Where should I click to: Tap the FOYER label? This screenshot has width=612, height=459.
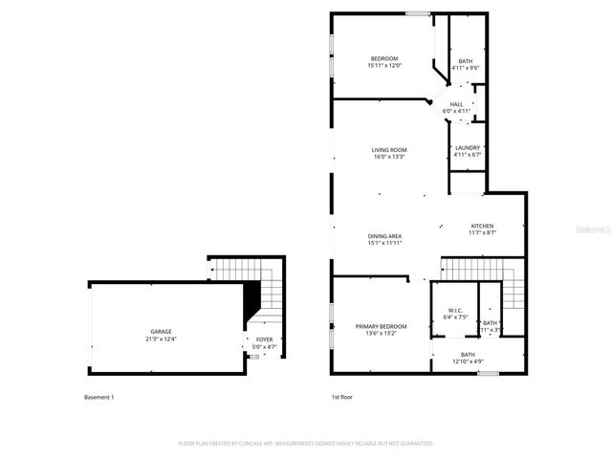click(x=261, y=339)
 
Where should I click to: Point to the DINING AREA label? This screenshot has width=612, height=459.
click(x=384, y=235)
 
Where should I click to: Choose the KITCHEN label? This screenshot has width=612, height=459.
click(x=481, y=226)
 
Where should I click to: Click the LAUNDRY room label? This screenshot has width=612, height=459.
click(x=468, y=147)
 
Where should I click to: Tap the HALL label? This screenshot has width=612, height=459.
click(x=456, y=104)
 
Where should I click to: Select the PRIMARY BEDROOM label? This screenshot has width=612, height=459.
click(x=368, y=326)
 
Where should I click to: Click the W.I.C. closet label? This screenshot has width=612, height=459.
click(x=455, y=310)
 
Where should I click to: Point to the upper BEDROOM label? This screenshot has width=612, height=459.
click(x=384, y=58)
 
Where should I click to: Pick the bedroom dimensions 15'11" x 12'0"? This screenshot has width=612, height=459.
click(x=384, y=66)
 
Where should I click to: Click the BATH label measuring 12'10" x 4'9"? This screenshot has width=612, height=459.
click(x=468, y=354)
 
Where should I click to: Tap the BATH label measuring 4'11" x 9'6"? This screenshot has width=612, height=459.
click(x=465, y=61)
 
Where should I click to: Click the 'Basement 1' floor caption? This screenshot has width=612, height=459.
click(x=99, y=396)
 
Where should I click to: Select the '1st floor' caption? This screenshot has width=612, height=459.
click(x=342, y=396)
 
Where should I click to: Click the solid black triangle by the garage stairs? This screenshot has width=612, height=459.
click(x=252, y=304)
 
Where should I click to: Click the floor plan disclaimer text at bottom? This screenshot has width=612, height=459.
click(x=306, y=444)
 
